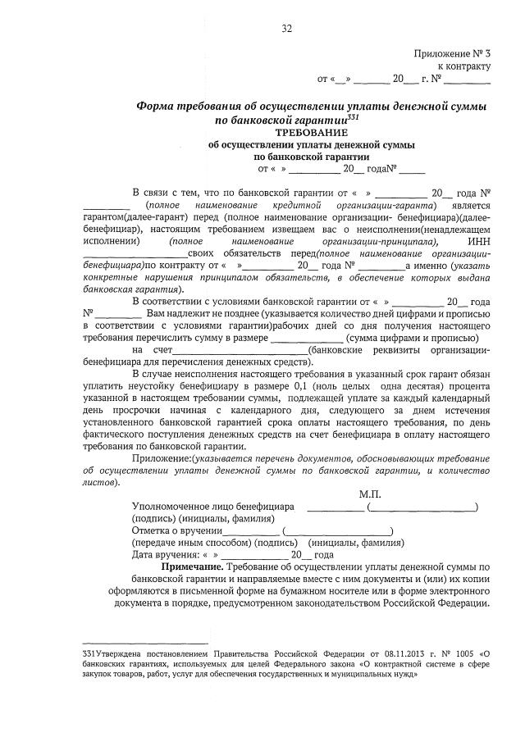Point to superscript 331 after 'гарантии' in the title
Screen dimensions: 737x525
coord(354,117)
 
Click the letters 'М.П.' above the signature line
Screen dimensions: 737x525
coord(370,494)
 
